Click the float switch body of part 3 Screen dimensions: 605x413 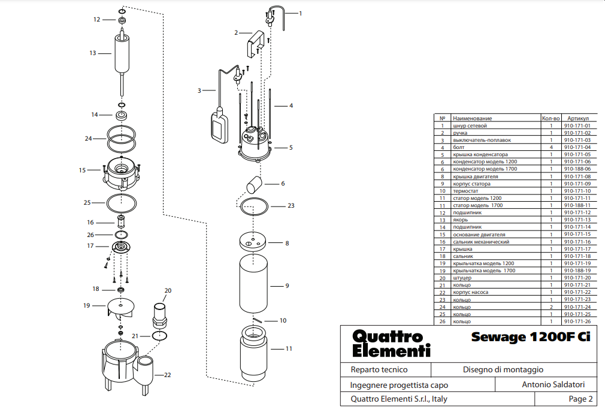pos(220,124)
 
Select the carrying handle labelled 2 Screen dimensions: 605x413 pos(255,44)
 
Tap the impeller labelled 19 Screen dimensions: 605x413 pos(121,308)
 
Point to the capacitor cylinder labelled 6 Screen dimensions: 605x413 pos(254,185)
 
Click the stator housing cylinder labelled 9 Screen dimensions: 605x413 pos(253,284)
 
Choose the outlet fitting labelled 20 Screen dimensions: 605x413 pos(160,315)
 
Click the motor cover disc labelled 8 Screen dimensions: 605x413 pos(253,241)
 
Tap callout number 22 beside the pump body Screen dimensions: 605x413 pos(168,375)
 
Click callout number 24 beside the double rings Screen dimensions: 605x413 pos(89,138)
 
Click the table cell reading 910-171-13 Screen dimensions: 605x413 pos(577,220)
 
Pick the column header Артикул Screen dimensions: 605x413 pos(577,119)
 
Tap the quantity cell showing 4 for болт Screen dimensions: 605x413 pos(551,147)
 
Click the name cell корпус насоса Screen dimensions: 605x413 pos(470,292)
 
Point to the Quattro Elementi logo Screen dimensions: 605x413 pos(391,343)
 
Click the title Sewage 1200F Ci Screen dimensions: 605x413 pos(531,336)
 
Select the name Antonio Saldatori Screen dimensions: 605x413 pos(553,384)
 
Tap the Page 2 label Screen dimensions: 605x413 pos(580,399)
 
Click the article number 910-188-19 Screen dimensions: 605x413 pos(577,271)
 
